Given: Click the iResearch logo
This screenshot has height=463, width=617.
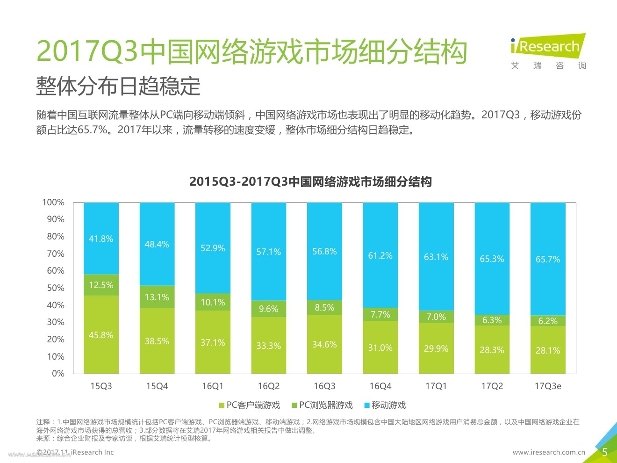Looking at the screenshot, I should point(548,51).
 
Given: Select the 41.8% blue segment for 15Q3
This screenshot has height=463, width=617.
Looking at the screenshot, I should point(101,239).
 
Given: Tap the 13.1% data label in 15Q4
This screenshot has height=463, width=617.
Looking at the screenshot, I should point(157,297).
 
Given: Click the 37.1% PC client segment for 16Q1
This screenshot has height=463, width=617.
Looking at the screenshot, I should point(213,342).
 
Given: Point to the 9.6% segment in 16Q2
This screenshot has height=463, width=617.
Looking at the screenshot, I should point(268,309).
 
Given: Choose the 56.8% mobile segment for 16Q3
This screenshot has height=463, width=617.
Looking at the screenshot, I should point(324,251).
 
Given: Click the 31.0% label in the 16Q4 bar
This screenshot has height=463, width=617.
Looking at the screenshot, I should point(380,347).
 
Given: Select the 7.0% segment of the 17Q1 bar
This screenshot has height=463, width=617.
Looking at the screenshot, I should point(436,317).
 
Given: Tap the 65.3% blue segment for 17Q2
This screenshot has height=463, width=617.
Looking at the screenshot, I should point(492,259).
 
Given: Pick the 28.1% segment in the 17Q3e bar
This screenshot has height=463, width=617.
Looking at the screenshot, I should point(548,350).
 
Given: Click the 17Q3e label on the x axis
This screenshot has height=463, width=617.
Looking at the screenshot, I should point(548,386).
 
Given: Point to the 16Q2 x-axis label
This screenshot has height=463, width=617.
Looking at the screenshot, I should point(268,386).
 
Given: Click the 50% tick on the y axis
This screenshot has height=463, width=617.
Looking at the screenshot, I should point(56,288).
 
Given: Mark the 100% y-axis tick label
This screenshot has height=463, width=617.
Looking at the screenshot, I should point(53,203).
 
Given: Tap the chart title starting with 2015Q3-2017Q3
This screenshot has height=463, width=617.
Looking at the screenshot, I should point(310,181).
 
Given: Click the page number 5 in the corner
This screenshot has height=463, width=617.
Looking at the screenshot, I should point(604,452).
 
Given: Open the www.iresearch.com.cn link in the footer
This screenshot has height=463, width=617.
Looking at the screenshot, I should point(549,452).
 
